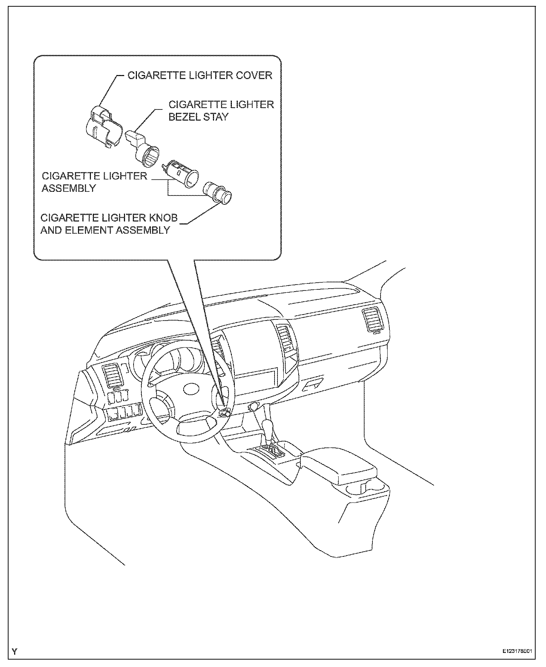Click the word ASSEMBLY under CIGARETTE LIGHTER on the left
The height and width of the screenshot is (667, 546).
pos(69,188)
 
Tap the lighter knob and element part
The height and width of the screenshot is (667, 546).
pos(217,192)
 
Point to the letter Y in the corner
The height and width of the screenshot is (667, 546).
pos(14,651)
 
